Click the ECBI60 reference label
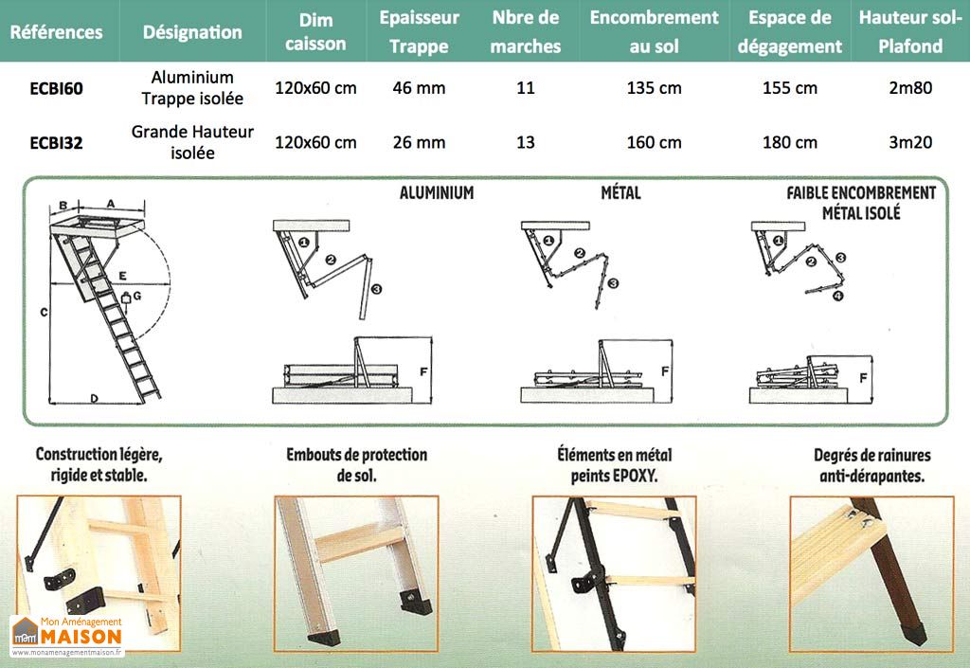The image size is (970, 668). click(x=56, y=89)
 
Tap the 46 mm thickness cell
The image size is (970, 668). click(x=418, y=88)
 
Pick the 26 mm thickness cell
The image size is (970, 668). click(x=418, y=143)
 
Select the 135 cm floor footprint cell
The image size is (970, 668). click(x=654, y=88)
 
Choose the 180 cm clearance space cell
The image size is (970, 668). click(x=789, y=143)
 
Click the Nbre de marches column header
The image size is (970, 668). click(x=526, y=31)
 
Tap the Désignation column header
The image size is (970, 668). click(x=192, y=31)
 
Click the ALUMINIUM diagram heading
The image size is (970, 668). click(x=436, y=193)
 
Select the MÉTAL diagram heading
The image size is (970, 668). click(x=620, y=193)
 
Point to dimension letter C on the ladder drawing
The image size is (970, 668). click(x=44, y=311)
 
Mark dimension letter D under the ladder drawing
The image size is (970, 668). click(x=95, y=398)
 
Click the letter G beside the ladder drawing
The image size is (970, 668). click(x=138, y=297)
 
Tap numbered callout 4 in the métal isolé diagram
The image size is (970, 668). click(x=836, y=296)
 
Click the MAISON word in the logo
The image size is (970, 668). click(x=81, y=636)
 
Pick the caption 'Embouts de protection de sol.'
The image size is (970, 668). click(x=356, y=465)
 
